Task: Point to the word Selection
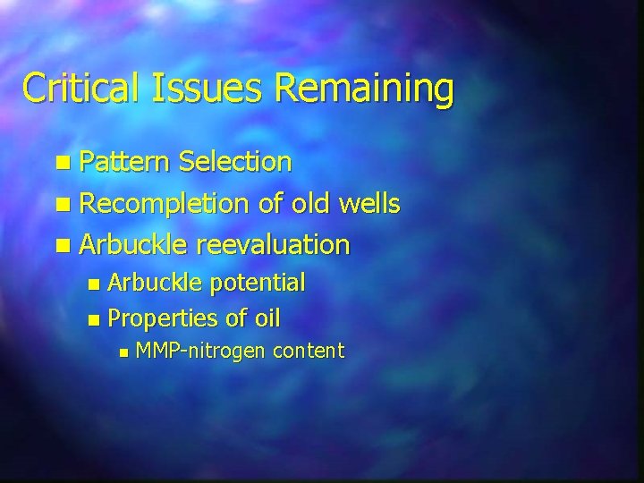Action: point(234,162)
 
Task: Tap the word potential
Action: point(258,284)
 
